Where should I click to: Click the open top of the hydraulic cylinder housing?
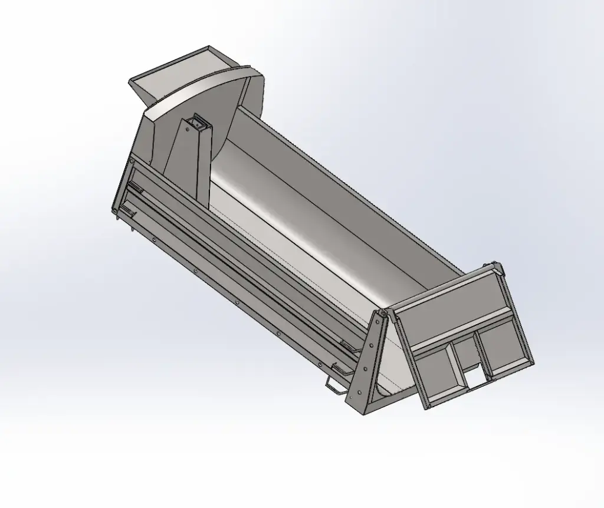tap(196, 123)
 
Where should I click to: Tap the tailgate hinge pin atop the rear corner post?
tap(383, 315)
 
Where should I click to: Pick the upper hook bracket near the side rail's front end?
tap(134, 187)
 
